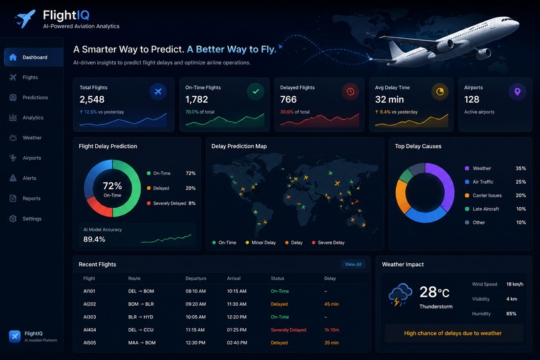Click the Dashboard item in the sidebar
[33, 57]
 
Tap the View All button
[353, 264]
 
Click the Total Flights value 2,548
[92, 100]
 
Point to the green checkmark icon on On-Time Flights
[255, 92]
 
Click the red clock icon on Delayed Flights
[350, 92]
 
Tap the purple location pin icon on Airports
[517, 92]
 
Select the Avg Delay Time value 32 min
[389, 100]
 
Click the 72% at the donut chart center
[113, 186]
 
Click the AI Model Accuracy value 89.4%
[94, 239]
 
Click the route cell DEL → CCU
[141, 330]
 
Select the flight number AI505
[90, 343]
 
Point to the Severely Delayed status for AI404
[288, 330]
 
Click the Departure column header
[196, 278]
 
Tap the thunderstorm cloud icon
[400, 294]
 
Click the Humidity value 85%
[511, 314]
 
